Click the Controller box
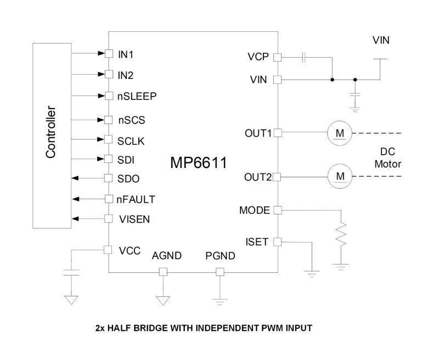coord(52,135)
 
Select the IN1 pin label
coord(126,54)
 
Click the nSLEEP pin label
coord(137,96)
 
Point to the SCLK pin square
coord(109,139)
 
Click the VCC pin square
coord(109,250)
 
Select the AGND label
coord(162,256)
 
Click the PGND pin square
coord(219,272)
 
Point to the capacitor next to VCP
coord(305,57)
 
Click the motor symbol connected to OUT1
coord(340,133)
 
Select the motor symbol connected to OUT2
coord(340,176)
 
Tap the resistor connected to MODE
coord(341,234)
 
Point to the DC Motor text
coord(387,158)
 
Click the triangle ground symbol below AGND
coord(162,300)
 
